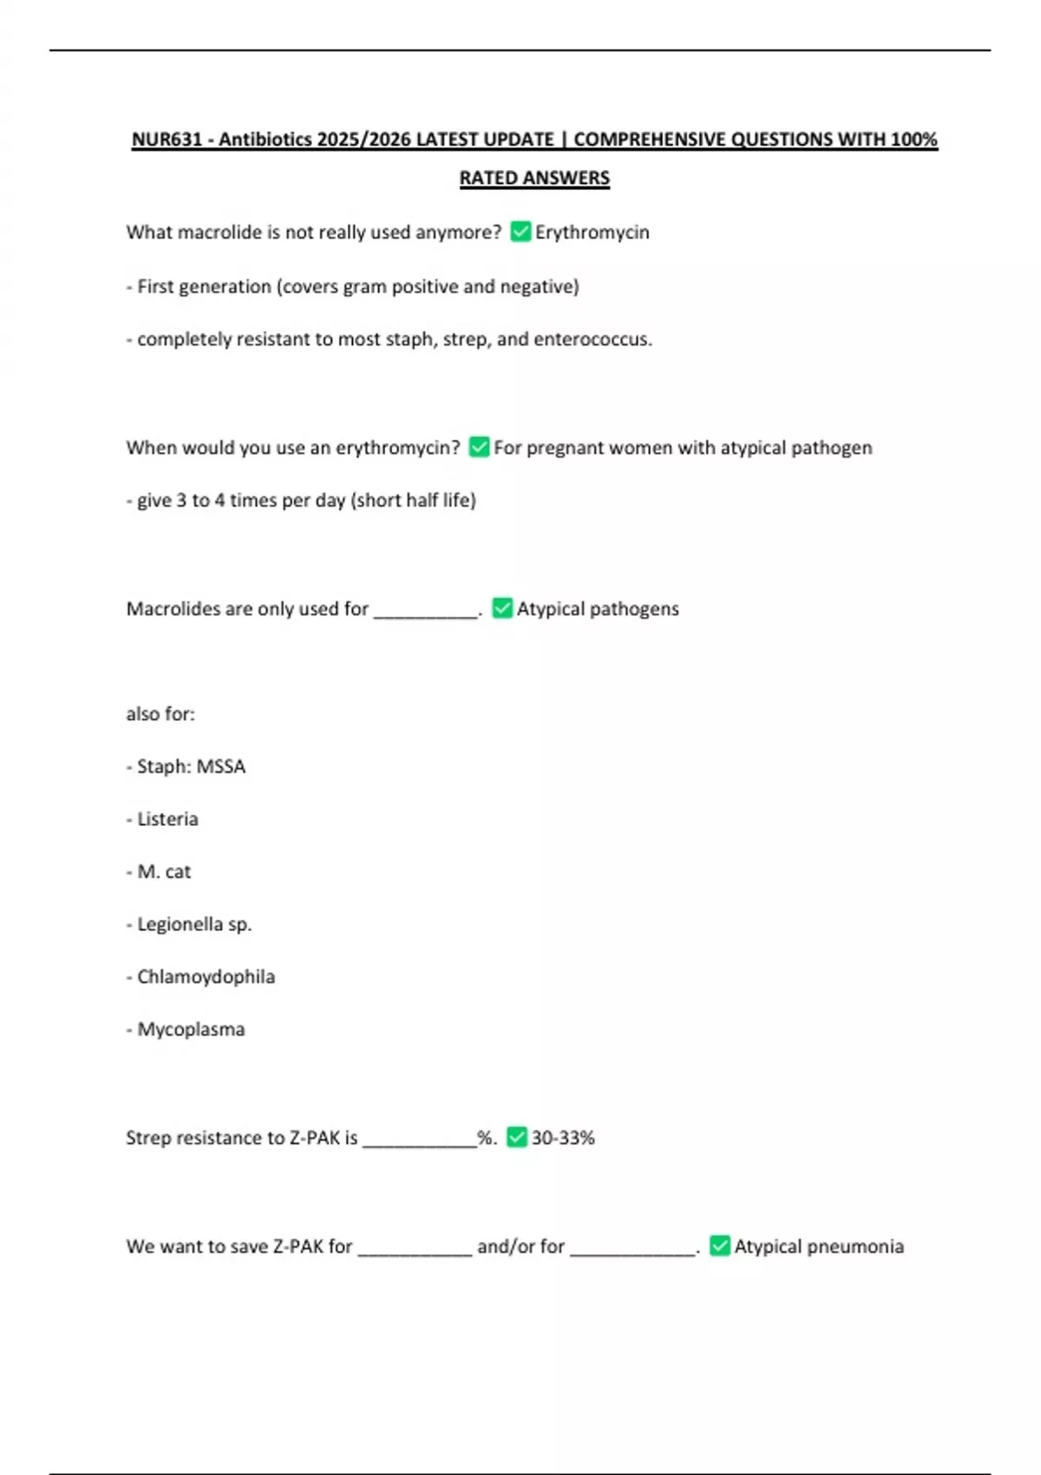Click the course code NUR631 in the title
(167, 140)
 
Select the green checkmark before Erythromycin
(520, 232)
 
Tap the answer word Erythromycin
(592, 233)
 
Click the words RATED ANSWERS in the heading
(534, 178)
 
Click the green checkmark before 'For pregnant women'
(479, 447)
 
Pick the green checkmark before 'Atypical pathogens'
(502, 608)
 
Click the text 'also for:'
(160, 714)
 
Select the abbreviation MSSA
(221, 767)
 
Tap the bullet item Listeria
(167, 819)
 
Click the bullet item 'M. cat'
(164, 872)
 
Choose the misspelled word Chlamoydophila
(206, 977)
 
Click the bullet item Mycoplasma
(191, 1030)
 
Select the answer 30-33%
(563, 1137)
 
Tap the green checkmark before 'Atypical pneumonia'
(719, 1246)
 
